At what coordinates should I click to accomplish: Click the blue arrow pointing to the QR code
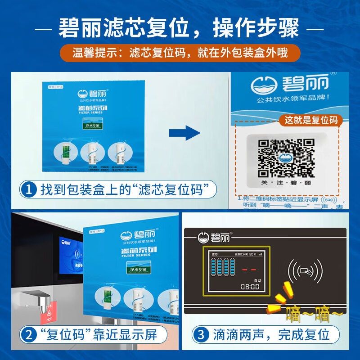(184, 133)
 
